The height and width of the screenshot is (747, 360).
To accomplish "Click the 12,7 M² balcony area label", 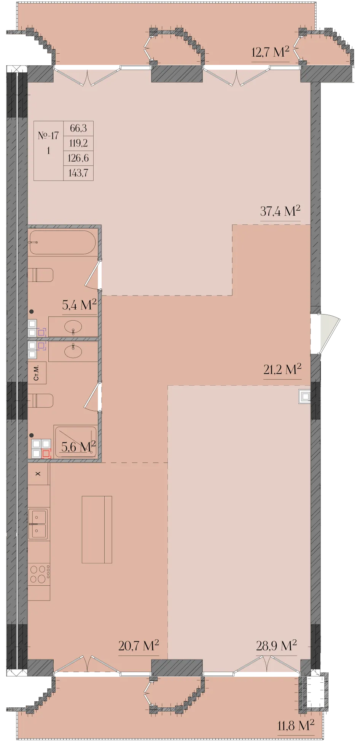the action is click(x=270, y=52).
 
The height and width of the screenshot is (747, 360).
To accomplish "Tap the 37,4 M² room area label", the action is click(x=280, y=211).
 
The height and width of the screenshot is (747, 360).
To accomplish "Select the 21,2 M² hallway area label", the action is click(x=282, y=369).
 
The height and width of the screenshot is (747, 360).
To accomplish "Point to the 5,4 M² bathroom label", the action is click(x=79, y=305).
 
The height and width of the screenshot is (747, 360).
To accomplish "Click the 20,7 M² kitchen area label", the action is click(x=139, y=645).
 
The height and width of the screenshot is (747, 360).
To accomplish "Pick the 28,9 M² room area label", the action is click(x=276, y=645).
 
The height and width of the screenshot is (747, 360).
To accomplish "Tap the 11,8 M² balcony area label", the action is click(x=296, y=725).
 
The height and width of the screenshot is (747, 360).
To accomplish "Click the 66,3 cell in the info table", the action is click(x=78, y=128).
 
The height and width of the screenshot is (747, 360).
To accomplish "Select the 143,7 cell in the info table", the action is click(x=78, y=173).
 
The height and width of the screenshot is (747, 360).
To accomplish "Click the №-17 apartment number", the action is click(x=48, y=135).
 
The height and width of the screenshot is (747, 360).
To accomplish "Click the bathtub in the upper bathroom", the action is click(x=62, y=242).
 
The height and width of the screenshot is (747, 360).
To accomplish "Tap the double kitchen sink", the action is click(x=38, y=524).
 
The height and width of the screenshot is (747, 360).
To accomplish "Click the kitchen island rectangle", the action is click(x=97, y=529).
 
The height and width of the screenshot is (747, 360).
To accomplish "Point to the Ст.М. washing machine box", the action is click(x=37, y=373).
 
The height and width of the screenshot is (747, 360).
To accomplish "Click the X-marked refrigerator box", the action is click(x=38, y=474).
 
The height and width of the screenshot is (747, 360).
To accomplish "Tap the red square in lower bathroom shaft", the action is click(x=46, y=453).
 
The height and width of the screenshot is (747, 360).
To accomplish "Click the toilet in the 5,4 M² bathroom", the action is click(x=40, y=275).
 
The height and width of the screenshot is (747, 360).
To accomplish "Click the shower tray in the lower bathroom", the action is click(x=75, y=442).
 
